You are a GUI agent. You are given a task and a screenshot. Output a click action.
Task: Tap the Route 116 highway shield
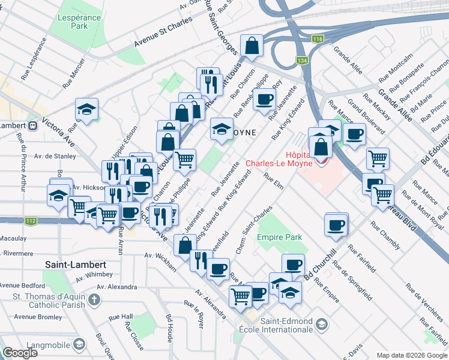318,39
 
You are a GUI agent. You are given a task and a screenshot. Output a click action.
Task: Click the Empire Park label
279,238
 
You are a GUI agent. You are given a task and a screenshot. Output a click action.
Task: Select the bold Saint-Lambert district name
76,265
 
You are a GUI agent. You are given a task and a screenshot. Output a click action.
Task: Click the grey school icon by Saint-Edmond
322,325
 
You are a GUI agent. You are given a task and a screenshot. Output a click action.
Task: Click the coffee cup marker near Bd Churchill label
293,265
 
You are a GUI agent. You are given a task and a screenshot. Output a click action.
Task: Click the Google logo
20,353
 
